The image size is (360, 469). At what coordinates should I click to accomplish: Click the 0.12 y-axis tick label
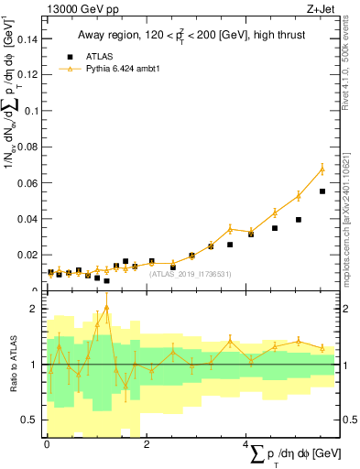coord(27,75)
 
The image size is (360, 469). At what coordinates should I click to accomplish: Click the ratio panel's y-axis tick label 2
coord(34,309)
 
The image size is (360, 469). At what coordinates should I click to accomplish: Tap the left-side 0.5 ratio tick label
coord(29,420)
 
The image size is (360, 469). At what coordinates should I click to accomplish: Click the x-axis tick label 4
coord(246,443)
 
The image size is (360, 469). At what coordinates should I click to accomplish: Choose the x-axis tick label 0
coord(47,443)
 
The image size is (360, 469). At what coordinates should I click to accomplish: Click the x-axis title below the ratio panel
coord(292,454)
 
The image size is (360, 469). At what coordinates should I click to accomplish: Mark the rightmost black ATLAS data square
coord(322,191)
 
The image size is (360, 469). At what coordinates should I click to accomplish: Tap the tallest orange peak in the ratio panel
coord(107,307)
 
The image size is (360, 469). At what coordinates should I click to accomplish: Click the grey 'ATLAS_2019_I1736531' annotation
coord(191,274)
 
